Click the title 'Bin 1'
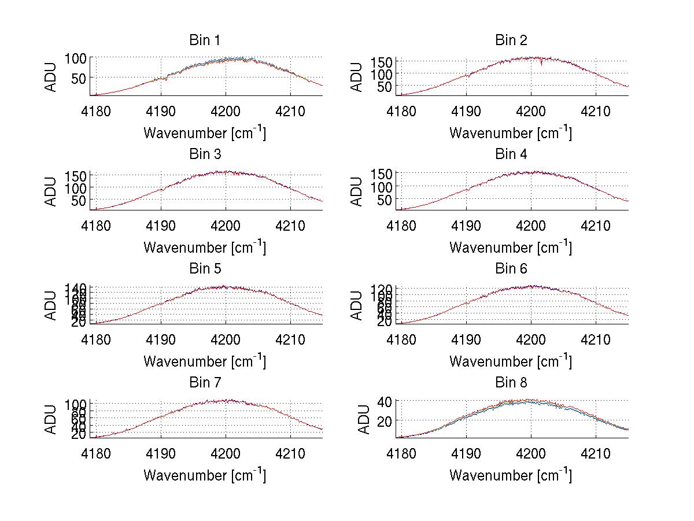pos(205,40)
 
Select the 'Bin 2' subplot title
pos(511,40)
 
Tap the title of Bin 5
pos(205,269)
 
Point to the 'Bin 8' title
pos(511,383)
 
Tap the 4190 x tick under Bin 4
pos(466,225)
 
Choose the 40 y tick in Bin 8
pos(386,401)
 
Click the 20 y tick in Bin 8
pos(386,420)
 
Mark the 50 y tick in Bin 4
pos(386,199)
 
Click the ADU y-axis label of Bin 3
pos(51,190)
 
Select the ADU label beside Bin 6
pos(357,305)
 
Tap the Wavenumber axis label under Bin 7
pos(205,475)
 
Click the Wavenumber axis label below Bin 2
pos(511,133)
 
